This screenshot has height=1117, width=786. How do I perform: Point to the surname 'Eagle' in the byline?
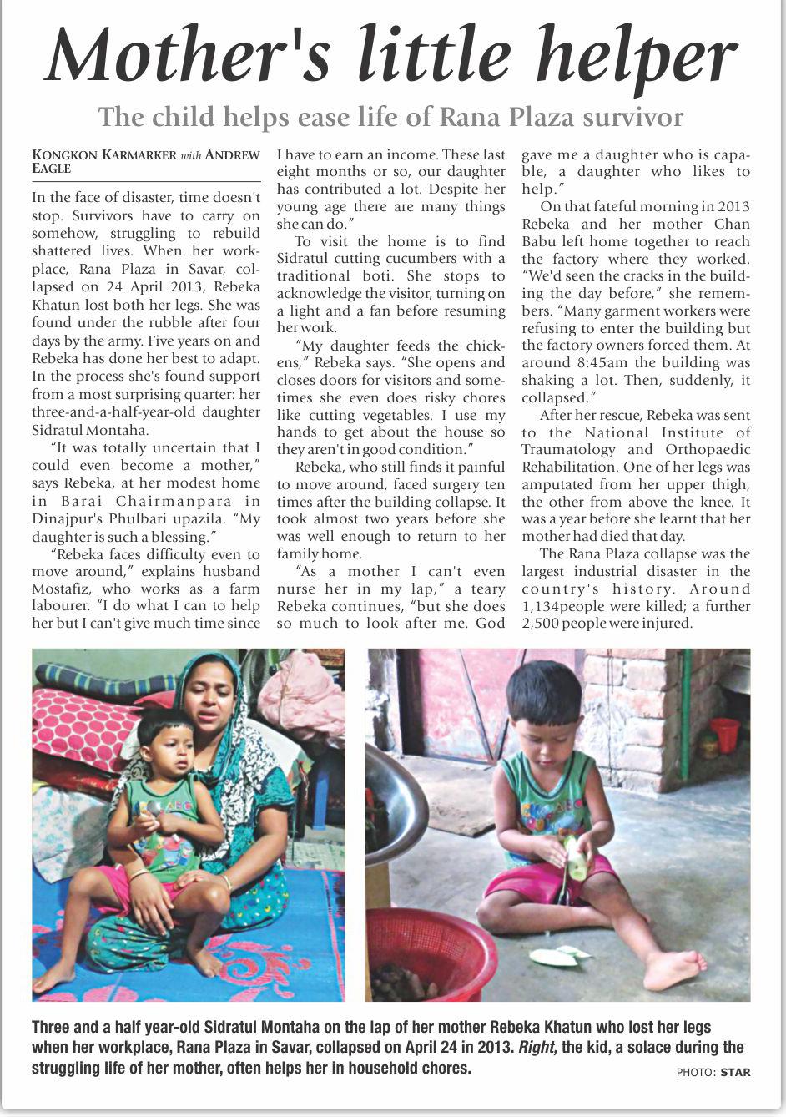[51, 169]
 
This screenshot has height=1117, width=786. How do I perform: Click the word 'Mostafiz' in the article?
[60, 589]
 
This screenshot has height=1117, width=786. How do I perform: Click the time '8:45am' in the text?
[599, 363]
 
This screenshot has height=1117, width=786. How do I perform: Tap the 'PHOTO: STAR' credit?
[713, 1072]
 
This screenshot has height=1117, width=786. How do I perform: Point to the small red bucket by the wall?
[723, 735]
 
